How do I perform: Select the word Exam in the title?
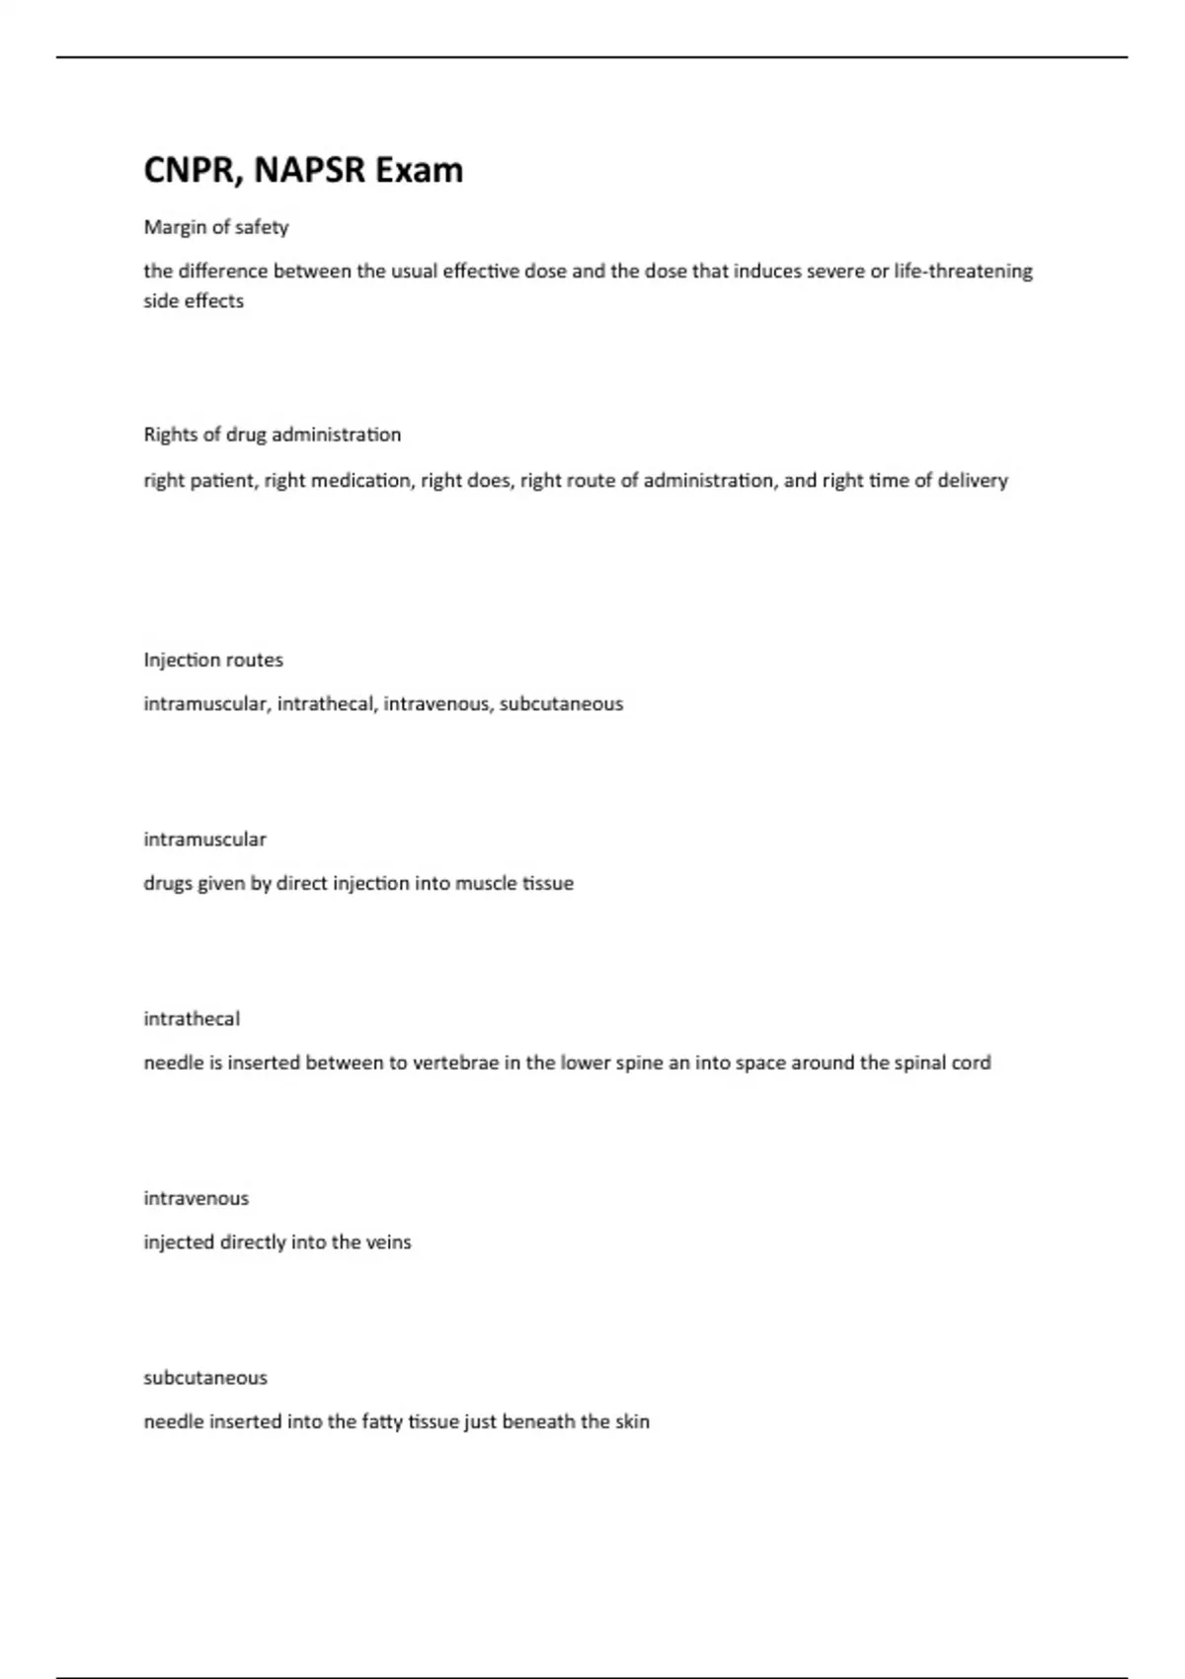(420, 171)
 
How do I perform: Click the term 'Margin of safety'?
(216, 227)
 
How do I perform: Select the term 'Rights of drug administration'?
(273, 435)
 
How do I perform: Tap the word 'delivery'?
(973, 481)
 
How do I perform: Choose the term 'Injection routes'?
(213, 660)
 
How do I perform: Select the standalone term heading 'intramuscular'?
(205, 839)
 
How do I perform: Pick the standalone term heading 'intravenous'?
(197, 1199)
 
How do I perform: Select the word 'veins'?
(388, 1242)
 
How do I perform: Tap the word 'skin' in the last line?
(632, 1422)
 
